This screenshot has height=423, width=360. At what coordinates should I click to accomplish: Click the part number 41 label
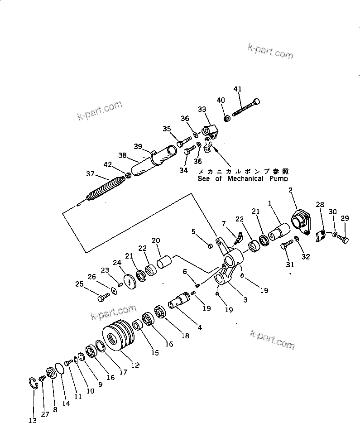pos(238,89)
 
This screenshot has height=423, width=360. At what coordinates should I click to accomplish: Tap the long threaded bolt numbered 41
pos(245,107)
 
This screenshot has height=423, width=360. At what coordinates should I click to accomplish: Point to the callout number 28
pos(320,205)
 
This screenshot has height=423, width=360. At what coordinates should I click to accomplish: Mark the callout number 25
pos(79,284)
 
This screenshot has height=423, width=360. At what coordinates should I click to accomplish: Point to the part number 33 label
pos(202,109)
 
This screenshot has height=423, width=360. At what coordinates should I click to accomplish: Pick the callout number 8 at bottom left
pos(55,409)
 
